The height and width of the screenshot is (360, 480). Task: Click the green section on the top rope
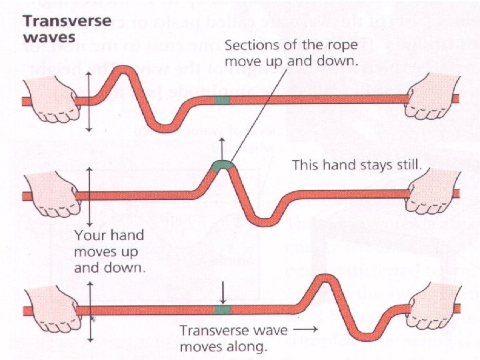(221, 100)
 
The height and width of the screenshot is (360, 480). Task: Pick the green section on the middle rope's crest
(221, 164)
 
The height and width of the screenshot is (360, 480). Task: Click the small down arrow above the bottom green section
(222, 291)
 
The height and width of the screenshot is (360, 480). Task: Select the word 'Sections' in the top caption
(249, 47)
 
